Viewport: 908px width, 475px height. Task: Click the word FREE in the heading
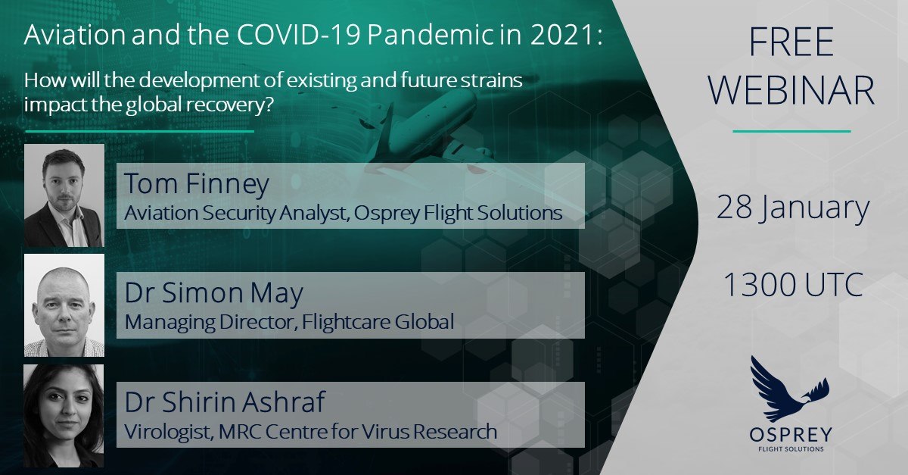(x=791, y=42)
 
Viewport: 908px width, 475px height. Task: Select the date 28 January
(x=793, y=208)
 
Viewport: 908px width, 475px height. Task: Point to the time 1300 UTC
(x=793, y=285)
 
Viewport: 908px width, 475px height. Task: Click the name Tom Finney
(x=197, y=184)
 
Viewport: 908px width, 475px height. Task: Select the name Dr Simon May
(x=213, y=293)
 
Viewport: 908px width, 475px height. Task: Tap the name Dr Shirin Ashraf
(x=225, y=402)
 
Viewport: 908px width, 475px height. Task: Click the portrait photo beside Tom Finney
(x=64, y=195)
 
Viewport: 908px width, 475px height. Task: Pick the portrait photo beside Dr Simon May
(x=64, y=305)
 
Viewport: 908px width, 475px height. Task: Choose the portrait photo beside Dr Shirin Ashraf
(x=64, y=415)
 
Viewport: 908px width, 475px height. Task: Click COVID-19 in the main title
(x=299, y=35)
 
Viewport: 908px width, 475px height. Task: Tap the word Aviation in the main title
(x=75, y=35)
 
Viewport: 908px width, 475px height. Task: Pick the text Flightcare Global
(x=378, y=321)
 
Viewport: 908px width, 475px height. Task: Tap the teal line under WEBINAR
(x=791, y=131)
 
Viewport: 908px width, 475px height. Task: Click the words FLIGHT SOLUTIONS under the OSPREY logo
(x=791, y=449)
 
